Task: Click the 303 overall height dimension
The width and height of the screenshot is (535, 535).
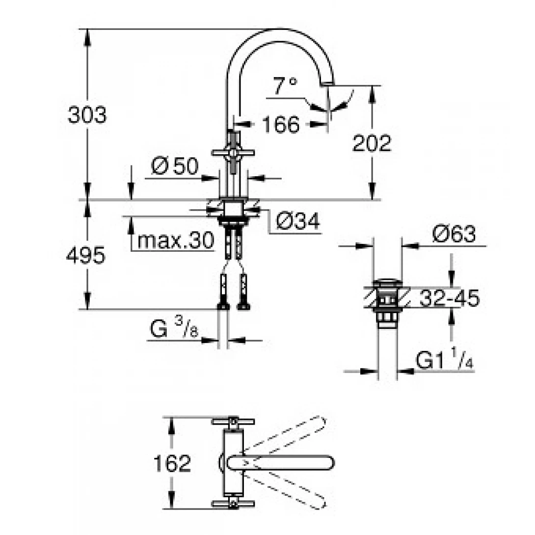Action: point(86,116)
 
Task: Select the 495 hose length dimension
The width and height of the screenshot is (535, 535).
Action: point(85,256)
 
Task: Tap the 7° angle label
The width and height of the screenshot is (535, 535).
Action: point(285,87)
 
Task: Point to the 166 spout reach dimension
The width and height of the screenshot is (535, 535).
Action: point(280,125)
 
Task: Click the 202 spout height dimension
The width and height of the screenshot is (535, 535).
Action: point(372,143)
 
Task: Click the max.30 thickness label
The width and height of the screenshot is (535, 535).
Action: point(176,241)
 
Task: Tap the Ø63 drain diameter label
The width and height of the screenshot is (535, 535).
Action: point(454,235)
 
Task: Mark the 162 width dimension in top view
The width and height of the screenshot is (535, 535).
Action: point(171,463)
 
